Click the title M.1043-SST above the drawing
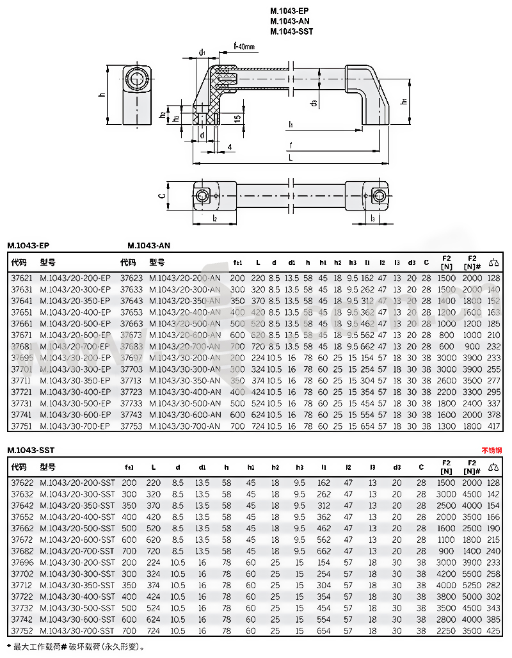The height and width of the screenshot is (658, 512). click(291, 31)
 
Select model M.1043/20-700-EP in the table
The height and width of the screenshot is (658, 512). click(76, 346)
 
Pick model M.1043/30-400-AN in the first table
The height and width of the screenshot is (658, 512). click(184, 392)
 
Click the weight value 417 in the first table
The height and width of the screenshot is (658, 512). click(493, 426)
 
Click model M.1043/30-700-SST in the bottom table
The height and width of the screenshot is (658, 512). click(77, 630)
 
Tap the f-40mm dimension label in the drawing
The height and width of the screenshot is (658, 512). click(244, 47)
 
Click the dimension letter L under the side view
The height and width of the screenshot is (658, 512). click(291, 157)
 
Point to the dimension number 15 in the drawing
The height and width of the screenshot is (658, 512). click(237, 118)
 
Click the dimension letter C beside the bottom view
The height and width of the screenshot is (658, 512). click(163, 196)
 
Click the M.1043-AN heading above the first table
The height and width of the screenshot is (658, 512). click(148, 245)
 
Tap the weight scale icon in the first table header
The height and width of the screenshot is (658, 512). click(493, 261)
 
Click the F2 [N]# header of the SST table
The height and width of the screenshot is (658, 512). click(472, 466)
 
